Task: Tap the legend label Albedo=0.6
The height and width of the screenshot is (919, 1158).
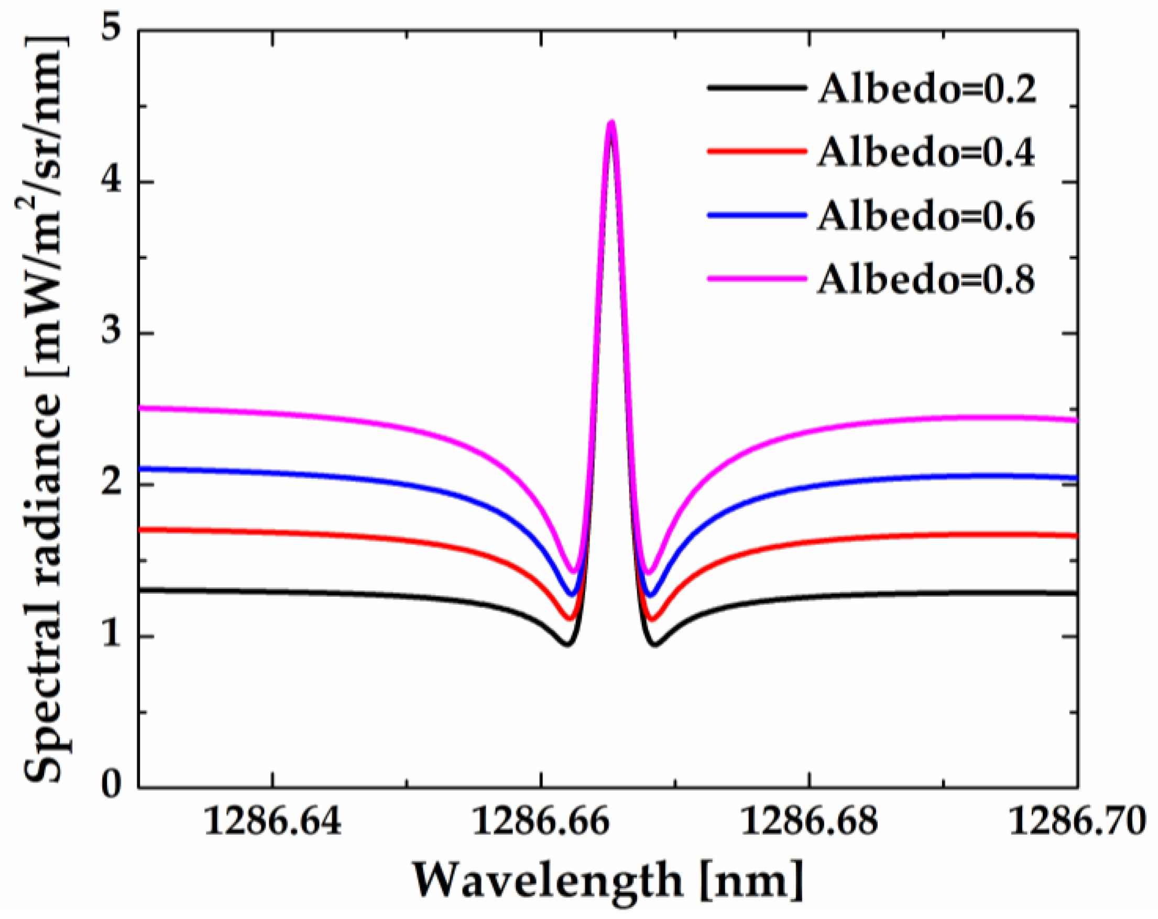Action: [926, 215]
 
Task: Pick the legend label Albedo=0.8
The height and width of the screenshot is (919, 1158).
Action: [926, 279]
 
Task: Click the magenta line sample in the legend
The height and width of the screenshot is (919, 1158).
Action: [757, 278]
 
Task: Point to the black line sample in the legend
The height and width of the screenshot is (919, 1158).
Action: [757, 87]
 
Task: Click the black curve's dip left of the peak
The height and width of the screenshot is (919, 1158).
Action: [567, 643]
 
